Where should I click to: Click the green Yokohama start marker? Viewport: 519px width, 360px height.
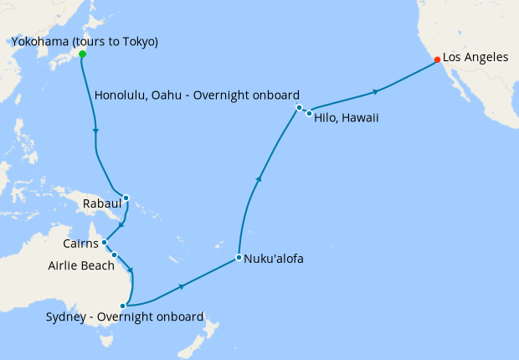(82, 54)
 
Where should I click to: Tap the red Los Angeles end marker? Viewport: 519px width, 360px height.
(437, 59)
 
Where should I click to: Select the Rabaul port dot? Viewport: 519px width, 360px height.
(126, 198)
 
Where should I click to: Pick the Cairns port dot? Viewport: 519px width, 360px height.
(105, 243)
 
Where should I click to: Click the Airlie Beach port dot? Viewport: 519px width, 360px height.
(114, 255)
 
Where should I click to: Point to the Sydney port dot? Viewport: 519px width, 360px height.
(123, 306)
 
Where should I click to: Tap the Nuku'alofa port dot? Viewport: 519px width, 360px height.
(239, 257)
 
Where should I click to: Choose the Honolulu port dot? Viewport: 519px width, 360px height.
(299, 108)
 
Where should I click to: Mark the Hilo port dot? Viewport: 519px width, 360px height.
(309, 113)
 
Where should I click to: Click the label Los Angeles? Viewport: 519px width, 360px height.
(475, 58)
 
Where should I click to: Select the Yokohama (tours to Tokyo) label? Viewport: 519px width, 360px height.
(84, 42)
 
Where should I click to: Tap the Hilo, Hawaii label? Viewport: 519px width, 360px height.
(347, 118)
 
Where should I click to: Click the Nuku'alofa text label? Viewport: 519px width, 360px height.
(274, 259)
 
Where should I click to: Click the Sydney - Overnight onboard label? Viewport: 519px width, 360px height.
(125, 317)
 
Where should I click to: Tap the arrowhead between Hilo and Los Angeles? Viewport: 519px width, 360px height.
(376, 90)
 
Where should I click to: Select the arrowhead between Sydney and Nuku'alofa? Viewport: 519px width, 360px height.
(182, 285)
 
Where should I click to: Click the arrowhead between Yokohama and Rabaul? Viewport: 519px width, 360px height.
(96, 131)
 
